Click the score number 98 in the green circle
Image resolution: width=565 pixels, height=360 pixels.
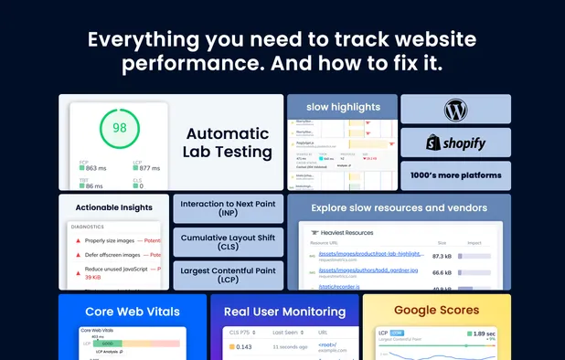click(120, 128)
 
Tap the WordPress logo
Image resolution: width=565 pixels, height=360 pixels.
click(455, 110)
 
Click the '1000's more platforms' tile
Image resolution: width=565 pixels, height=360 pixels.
click(455, 175)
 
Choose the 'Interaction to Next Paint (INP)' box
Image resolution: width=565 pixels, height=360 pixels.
click(227, 209)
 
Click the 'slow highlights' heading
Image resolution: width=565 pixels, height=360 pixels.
click(343, 107)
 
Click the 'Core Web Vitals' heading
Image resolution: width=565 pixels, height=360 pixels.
click(133, 311)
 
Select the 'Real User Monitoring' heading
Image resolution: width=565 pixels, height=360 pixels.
click(291, 311)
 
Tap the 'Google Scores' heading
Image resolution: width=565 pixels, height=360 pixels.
click(436, 311)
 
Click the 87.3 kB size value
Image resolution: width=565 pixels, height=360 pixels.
click(442, 256)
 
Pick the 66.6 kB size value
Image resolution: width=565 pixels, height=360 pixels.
click(442, 272)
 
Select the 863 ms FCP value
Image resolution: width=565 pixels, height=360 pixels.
click(96, 168)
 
